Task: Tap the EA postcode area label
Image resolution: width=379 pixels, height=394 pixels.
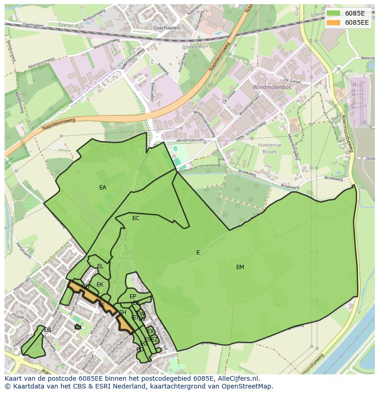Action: click(x=103, y=188)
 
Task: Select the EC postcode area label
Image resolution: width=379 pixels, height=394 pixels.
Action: click(x=136, y=218)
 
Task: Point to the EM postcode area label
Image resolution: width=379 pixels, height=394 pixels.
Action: click(x=240, y=267)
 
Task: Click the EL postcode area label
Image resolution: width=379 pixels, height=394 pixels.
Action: click(x=100, y=266)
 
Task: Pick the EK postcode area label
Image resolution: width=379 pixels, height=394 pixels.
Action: click(x=100, y=285)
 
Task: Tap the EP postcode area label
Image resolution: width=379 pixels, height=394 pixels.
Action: click(x=133, y=297)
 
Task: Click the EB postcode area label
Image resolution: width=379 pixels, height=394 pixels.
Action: click(x=48, y=330)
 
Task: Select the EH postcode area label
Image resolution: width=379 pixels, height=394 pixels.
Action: click(x=123, y=313)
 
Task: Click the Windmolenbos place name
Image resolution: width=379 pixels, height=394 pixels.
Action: click(x=268, y=86)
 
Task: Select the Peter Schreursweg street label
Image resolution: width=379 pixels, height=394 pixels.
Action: click(x=250, y=131)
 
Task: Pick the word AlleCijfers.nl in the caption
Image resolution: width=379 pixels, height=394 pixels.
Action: click(x=237, y=378)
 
